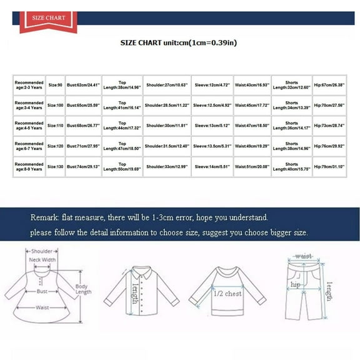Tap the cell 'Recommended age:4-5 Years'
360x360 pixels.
click(29, 126)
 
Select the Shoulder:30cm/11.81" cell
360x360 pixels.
click(166, 126)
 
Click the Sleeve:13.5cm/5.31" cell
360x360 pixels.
click(213, 147)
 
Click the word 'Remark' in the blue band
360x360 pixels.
click(44, 217)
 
